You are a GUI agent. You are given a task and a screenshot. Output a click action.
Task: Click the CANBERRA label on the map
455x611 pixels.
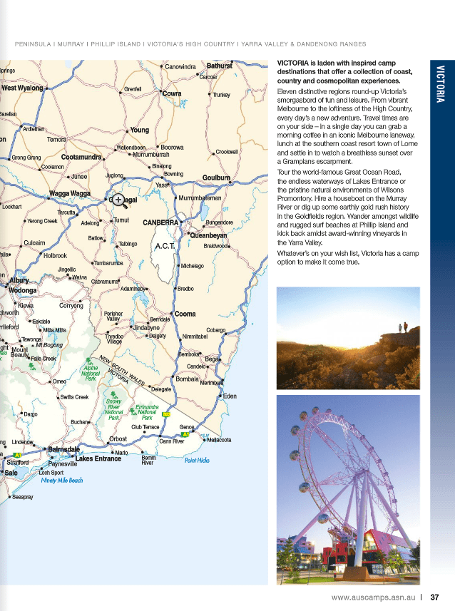(x=160, y=222)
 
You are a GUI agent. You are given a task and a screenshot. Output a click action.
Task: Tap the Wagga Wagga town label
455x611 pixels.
(x=69, y=194)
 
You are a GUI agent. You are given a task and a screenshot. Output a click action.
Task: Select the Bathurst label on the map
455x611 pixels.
(x=219, y=66)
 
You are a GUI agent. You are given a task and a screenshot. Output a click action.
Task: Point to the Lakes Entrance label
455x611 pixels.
(x=98, y=458)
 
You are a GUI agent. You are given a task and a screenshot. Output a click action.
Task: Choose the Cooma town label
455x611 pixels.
(x=185, y=314)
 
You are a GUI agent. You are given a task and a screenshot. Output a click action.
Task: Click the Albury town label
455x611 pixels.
(x=19, y=280)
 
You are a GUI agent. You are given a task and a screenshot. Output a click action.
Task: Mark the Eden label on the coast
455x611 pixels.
(x=230, y=396)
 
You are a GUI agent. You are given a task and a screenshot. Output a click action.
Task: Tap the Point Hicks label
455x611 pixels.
(x=197, y=461)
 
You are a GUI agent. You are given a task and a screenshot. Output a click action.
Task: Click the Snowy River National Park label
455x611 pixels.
(x=113, y=407)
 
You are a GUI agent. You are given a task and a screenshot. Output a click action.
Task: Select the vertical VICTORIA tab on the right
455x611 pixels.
(x=441, y=83)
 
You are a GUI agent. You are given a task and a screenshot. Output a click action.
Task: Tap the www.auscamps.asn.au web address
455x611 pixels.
(x=374, y=597)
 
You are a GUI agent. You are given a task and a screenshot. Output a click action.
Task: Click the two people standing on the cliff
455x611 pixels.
(x=404, y=327)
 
